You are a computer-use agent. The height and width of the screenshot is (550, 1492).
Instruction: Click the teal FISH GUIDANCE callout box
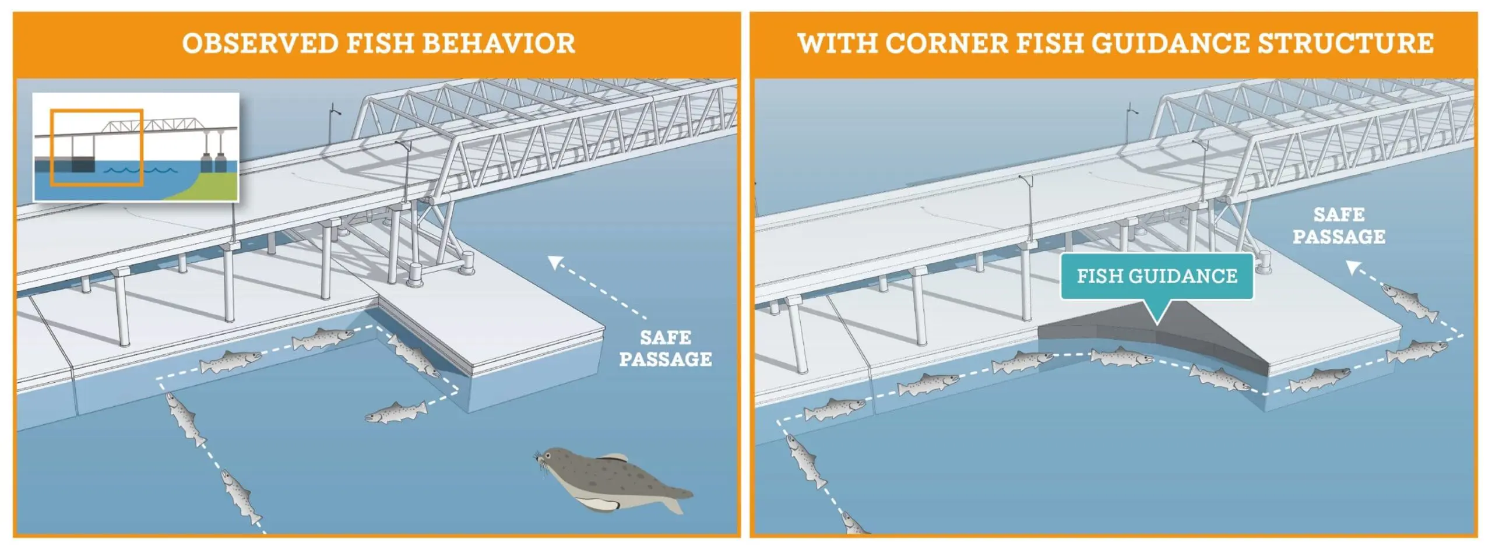[x=1156, y=276]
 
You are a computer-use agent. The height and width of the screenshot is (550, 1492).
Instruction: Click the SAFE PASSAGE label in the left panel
[x=665, y=348]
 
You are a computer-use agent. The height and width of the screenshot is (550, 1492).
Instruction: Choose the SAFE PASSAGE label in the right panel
[x=1339, y=226]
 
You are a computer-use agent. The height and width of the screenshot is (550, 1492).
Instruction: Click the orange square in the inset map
[x=97, y=147]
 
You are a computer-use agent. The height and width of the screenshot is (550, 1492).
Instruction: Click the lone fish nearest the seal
[x=395, y=412]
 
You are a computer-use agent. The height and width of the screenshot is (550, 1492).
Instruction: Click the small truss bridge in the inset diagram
[x=149, y=124]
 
